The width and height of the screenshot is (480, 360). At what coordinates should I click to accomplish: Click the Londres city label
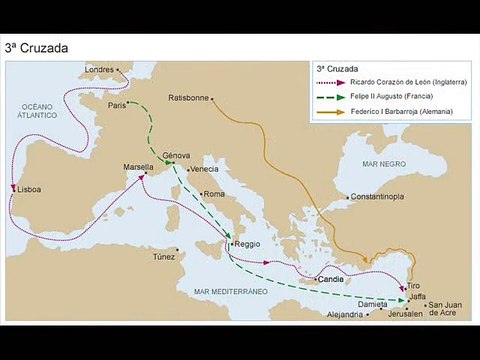pos(99,69)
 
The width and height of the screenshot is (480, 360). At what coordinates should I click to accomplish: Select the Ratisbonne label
pos(189,98)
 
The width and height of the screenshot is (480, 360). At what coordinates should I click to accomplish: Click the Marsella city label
pos(138,166)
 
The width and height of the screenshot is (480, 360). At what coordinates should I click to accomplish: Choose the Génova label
pos(176,156)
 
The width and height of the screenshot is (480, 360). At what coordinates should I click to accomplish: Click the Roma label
pos(214,194)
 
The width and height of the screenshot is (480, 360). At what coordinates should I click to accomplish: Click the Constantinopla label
pos(377,198)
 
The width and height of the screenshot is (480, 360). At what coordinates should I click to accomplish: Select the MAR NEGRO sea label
pos(381,160)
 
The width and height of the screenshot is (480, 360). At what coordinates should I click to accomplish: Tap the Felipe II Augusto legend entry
pos(389,97)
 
